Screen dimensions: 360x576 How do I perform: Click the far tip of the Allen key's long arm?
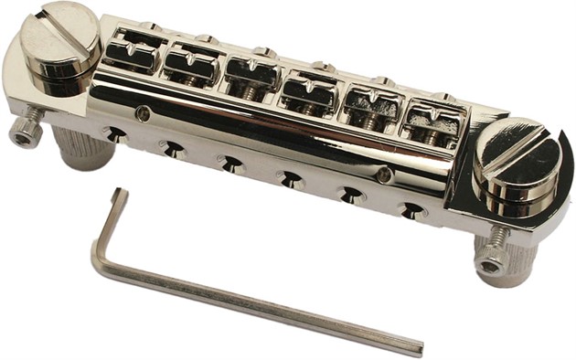point(419,350)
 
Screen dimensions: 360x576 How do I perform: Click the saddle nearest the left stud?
point(134,51)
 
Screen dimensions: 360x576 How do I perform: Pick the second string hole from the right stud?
point(350,195)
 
